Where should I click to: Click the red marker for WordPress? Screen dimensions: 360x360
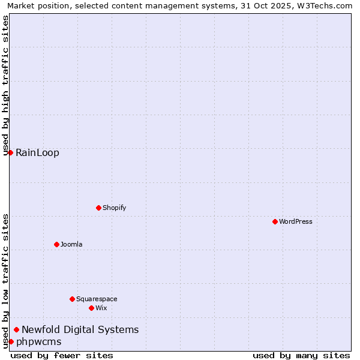(275, 221)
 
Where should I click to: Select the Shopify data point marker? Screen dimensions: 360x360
(98, 208)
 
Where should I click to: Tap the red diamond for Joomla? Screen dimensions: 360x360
(56, 244)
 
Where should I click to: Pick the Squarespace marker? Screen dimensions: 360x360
(72, 299)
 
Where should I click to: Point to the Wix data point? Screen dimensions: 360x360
(91, 308)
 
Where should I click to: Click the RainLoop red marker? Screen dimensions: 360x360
(10, 152)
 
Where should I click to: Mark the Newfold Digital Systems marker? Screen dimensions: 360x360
(16, 329)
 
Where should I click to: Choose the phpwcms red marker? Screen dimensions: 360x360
(11, 341)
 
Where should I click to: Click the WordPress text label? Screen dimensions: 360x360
(296, 221)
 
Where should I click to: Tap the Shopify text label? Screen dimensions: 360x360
(114, 208)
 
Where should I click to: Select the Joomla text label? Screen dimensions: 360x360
(71, 244)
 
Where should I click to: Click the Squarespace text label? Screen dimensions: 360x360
(97, 299)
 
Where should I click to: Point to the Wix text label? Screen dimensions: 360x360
(101, 308)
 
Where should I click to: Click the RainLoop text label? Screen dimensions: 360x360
(37, 152)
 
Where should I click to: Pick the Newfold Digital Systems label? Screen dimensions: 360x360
(80, 329)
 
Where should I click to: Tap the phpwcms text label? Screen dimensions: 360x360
(38, 341)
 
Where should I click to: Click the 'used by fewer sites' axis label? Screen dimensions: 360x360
(62, 355)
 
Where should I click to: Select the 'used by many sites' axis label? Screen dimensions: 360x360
(301, 355)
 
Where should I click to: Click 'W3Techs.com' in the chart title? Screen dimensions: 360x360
(325, 6)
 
